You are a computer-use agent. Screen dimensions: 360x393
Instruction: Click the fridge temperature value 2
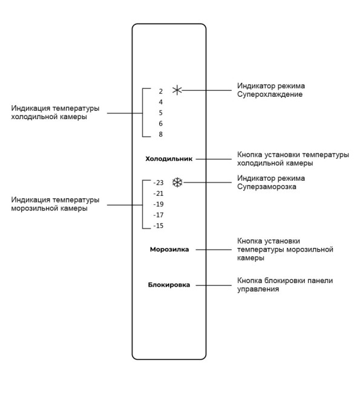tap(160, 91)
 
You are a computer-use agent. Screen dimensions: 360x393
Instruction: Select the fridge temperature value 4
tap(160, 102)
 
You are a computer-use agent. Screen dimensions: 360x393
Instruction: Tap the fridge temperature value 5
tap(160, 113)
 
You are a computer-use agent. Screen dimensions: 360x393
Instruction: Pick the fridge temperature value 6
tap(160, 123)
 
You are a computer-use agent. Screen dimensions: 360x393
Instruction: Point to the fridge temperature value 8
tap(160, 134)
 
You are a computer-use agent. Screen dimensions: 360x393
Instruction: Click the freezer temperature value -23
tap(159, 183)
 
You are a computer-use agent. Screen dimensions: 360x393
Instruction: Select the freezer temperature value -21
tap(159, 193)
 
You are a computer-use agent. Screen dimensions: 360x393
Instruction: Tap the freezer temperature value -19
tap(159, 204)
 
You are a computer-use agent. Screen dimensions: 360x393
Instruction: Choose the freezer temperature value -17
tap(159, 215)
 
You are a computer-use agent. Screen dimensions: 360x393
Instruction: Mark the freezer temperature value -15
tap(159, 226)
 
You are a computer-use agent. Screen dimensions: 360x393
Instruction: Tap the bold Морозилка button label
tap(169, 249)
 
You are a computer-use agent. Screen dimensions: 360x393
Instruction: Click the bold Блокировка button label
tap(169, 285)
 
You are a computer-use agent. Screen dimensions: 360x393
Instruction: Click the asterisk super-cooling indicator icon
tap(177, 90)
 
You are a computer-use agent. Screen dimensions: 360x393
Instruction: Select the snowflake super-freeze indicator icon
tap(178, 183)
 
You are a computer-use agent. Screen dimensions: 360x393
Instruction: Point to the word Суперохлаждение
tap(270, 94)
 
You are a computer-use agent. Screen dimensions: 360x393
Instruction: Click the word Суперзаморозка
tap(267, 187)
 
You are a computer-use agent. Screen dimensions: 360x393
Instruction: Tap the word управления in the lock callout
tap(258, 289)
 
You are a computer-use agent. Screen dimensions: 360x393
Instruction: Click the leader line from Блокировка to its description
tap(214, 285)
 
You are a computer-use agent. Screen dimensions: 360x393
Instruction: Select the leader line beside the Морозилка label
tap(214, 250)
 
